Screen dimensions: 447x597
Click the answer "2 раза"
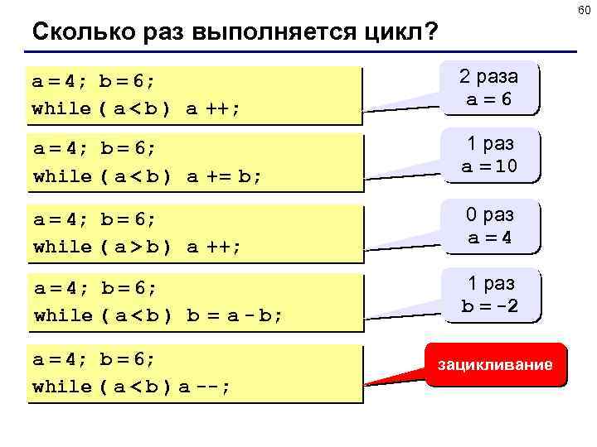tap(489, 76)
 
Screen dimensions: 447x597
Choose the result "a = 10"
tap(489, 166)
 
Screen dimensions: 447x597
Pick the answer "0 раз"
tap(489, 215)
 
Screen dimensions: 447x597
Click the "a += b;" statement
tap(222, 176)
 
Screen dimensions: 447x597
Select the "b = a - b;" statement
tap(234, 315)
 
